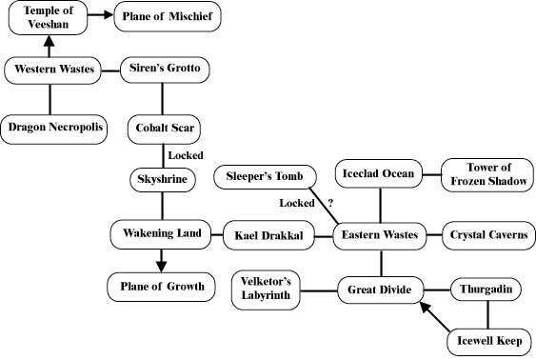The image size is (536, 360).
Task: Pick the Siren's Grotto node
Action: (165, 69)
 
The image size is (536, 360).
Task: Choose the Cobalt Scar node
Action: (165, 127)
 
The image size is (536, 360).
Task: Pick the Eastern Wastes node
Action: (382, 234)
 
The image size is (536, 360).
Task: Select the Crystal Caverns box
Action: (489, 234)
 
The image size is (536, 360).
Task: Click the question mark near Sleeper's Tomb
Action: (330, 202)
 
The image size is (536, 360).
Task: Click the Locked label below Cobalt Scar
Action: (185, 154)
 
